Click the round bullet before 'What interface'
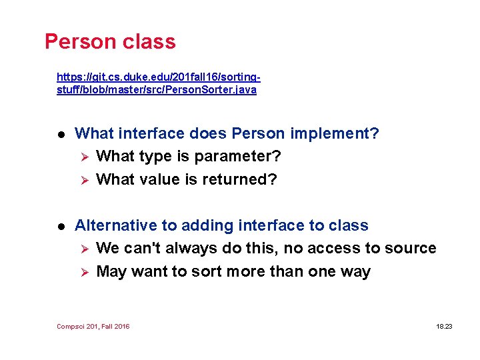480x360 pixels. pos(60,134)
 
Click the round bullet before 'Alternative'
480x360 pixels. pos(60,226)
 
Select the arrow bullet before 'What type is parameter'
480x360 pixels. pos(83,157)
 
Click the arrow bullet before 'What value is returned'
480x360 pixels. pos(83,179)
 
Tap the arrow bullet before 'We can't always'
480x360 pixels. pos(83,249)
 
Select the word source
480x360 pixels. pos(411,249)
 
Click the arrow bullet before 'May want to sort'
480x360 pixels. pos(83,272)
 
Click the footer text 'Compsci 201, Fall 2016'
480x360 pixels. pos(93,327)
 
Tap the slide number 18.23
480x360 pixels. pos(444,327)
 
